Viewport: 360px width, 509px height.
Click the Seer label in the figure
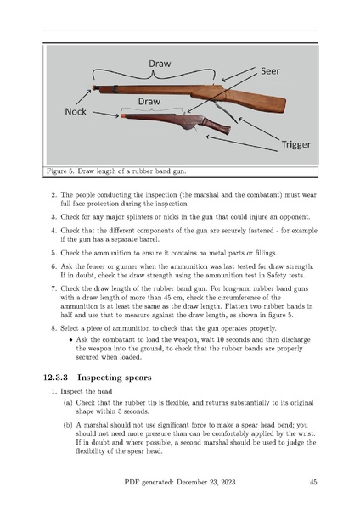click(270, 70)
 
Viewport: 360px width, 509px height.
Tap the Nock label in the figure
click(76, 112)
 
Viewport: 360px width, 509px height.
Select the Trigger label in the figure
click(295, 144)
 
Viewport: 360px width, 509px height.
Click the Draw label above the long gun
click(160, 64)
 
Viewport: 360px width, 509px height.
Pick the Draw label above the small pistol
click(149, 102)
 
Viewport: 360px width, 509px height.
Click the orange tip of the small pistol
click(123, 115)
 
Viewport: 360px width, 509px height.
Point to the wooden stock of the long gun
click(256, 100)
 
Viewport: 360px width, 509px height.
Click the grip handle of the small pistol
click(217, 126)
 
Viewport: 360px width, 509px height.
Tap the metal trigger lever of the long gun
click(225, 111)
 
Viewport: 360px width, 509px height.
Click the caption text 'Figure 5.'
click(59, 171)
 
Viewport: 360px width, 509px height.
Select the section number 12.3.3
click(55, 378)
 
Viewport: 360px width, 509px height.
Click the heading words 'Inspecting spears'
click(115, 378)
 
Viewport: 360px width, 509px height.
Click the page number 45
click(313, 482)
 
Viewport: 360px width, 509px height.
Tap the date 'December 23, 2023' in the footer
click(206, 483)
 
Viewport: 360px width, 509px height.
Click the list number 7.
click(54, 288)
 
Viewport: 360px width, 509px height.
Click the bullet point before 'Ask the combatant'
click(70, 340)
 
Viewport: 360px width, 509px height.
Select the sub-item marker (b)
click(68, 425)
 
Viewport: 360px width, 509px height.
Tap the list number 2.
click(54, 195)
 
